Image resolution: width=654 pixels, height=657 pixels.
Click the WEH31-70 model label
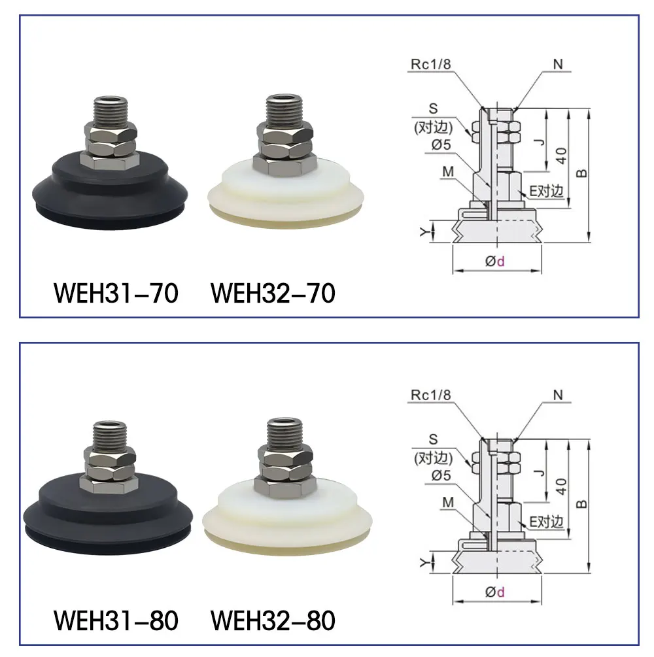pos(116,293)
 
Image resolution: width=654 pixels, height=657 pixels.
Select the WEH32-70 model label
pos(273,293)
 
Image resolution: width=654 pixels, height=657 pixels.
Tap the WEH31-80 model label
pos(116,620)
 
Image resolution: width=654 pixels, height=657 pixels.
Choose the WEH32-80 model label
pos(273,620)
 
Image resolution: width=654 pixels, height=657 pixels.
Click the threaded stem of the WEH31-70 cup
pos(111,111)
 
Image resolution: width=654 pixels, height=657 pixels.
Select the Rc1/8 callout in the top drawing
pos(430,64)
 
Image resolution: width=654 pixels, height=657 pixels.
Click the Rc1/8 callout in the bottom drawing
pos(430,395)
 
